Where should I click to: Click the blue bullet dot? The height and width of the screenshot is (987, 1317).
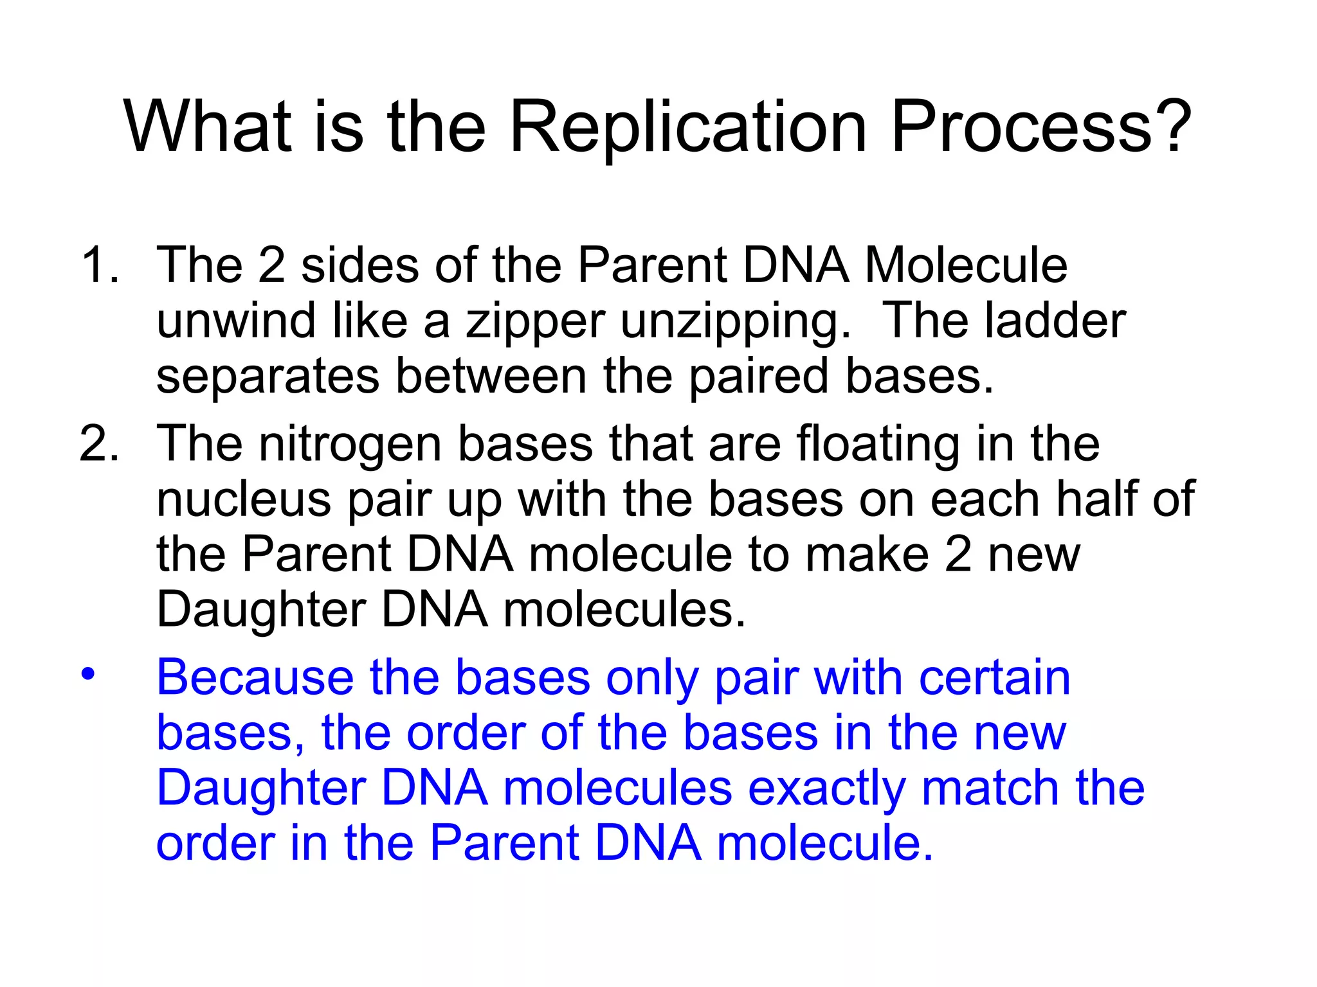click(x=87, y=674)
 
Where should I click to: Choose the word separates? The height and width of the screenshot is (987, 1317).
click(x=268, y=377)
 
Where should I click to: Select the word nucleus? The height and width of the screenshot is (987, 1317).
click(x=244, y=500)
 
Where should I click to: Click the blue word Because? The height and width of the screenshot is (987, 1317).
click(x=255, y=677)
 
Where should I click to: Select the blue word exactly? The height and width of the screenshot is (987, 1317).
click(x=826, y=789)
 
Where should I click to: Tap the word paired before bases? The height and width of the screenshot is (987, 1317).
click(x=759, y=377)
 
